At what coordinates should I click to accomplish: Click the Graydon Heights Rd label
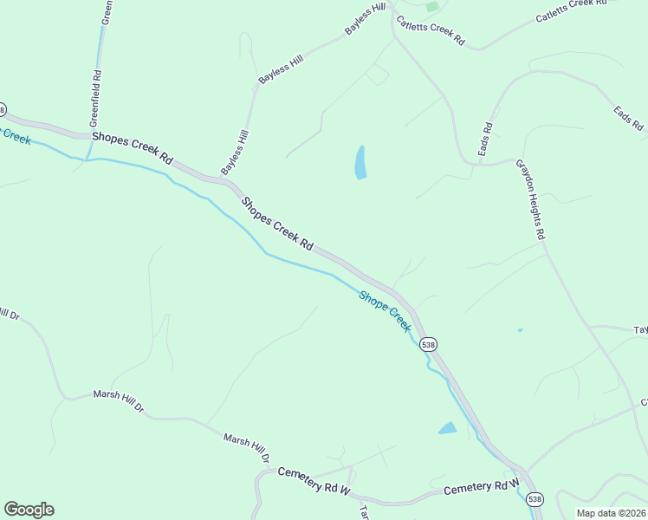530,199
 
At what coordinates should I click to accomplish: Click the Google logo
29,510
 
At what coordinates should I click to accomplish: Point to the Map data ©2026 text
611,513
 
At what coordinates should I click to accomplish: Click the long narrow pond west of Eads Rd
360,162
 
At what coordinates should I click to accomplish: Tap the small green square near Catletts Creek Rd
432,7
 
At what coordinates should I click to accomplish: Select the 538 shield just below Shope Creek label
428,344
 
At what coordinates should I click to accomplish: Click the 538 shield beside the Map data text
535,499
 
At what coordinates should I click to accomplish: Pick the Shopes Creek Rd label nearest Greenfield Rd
133,149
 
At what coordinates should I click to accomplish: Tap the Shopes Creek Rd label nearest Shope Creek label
277,224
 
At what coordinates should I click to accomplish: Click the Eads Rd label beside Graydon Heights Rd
486,140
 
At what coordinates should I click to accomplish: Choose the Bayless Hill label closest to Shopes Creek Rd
235,151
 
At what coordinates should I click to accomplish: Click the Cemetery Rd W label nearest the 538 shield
481,489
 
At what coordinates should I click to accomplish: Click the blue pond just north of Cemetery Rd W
447,428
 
